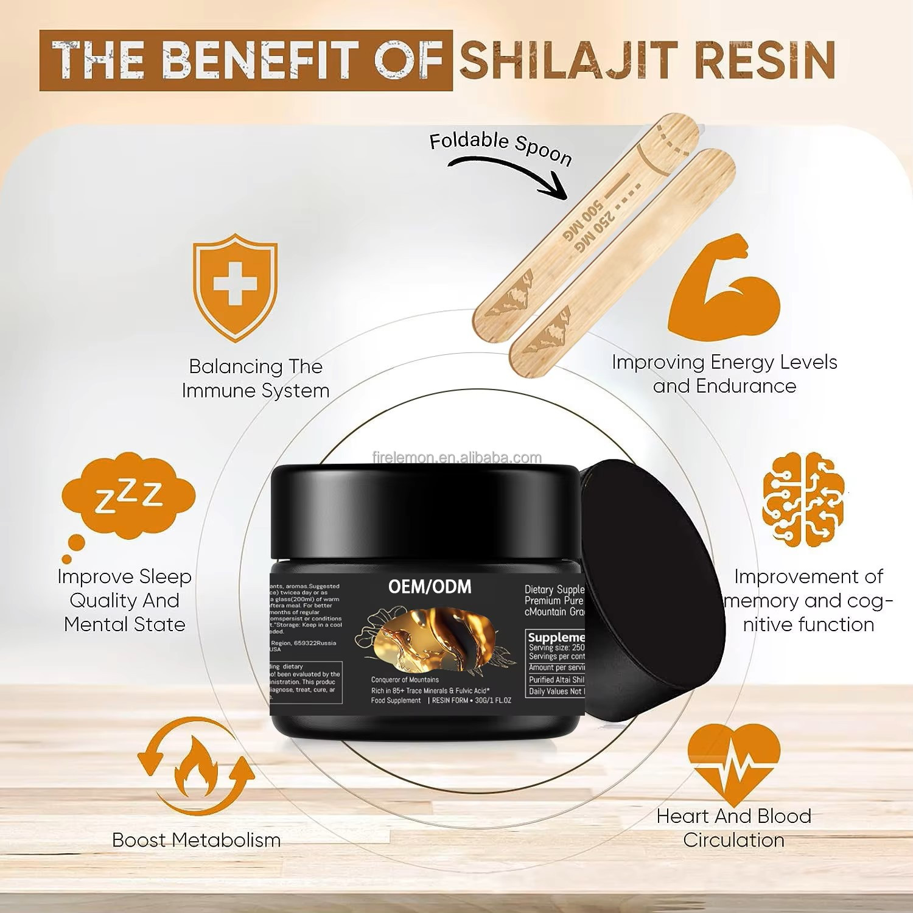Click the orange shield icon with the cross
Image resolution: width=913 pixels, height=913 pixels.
coord(235,285)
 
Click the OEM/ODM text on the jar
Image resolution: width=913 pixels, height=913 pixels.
coord(430,587)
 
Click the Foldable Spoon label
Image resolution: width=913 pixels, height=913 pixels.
coord(500,148)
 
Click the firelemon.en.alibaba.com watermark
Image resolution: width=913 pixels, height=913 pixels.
coord(456,458)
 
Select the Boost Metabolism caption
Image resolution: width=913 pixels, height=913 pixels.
coord(196,840)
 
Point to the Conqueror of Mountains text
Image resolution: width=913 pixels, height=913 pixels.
coord(405,680)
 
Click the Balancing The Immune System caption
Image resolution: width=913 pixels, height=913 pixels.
coord(256,378)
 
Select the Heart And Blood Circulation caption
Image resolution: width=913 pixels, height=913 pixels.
coord(733,828)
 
